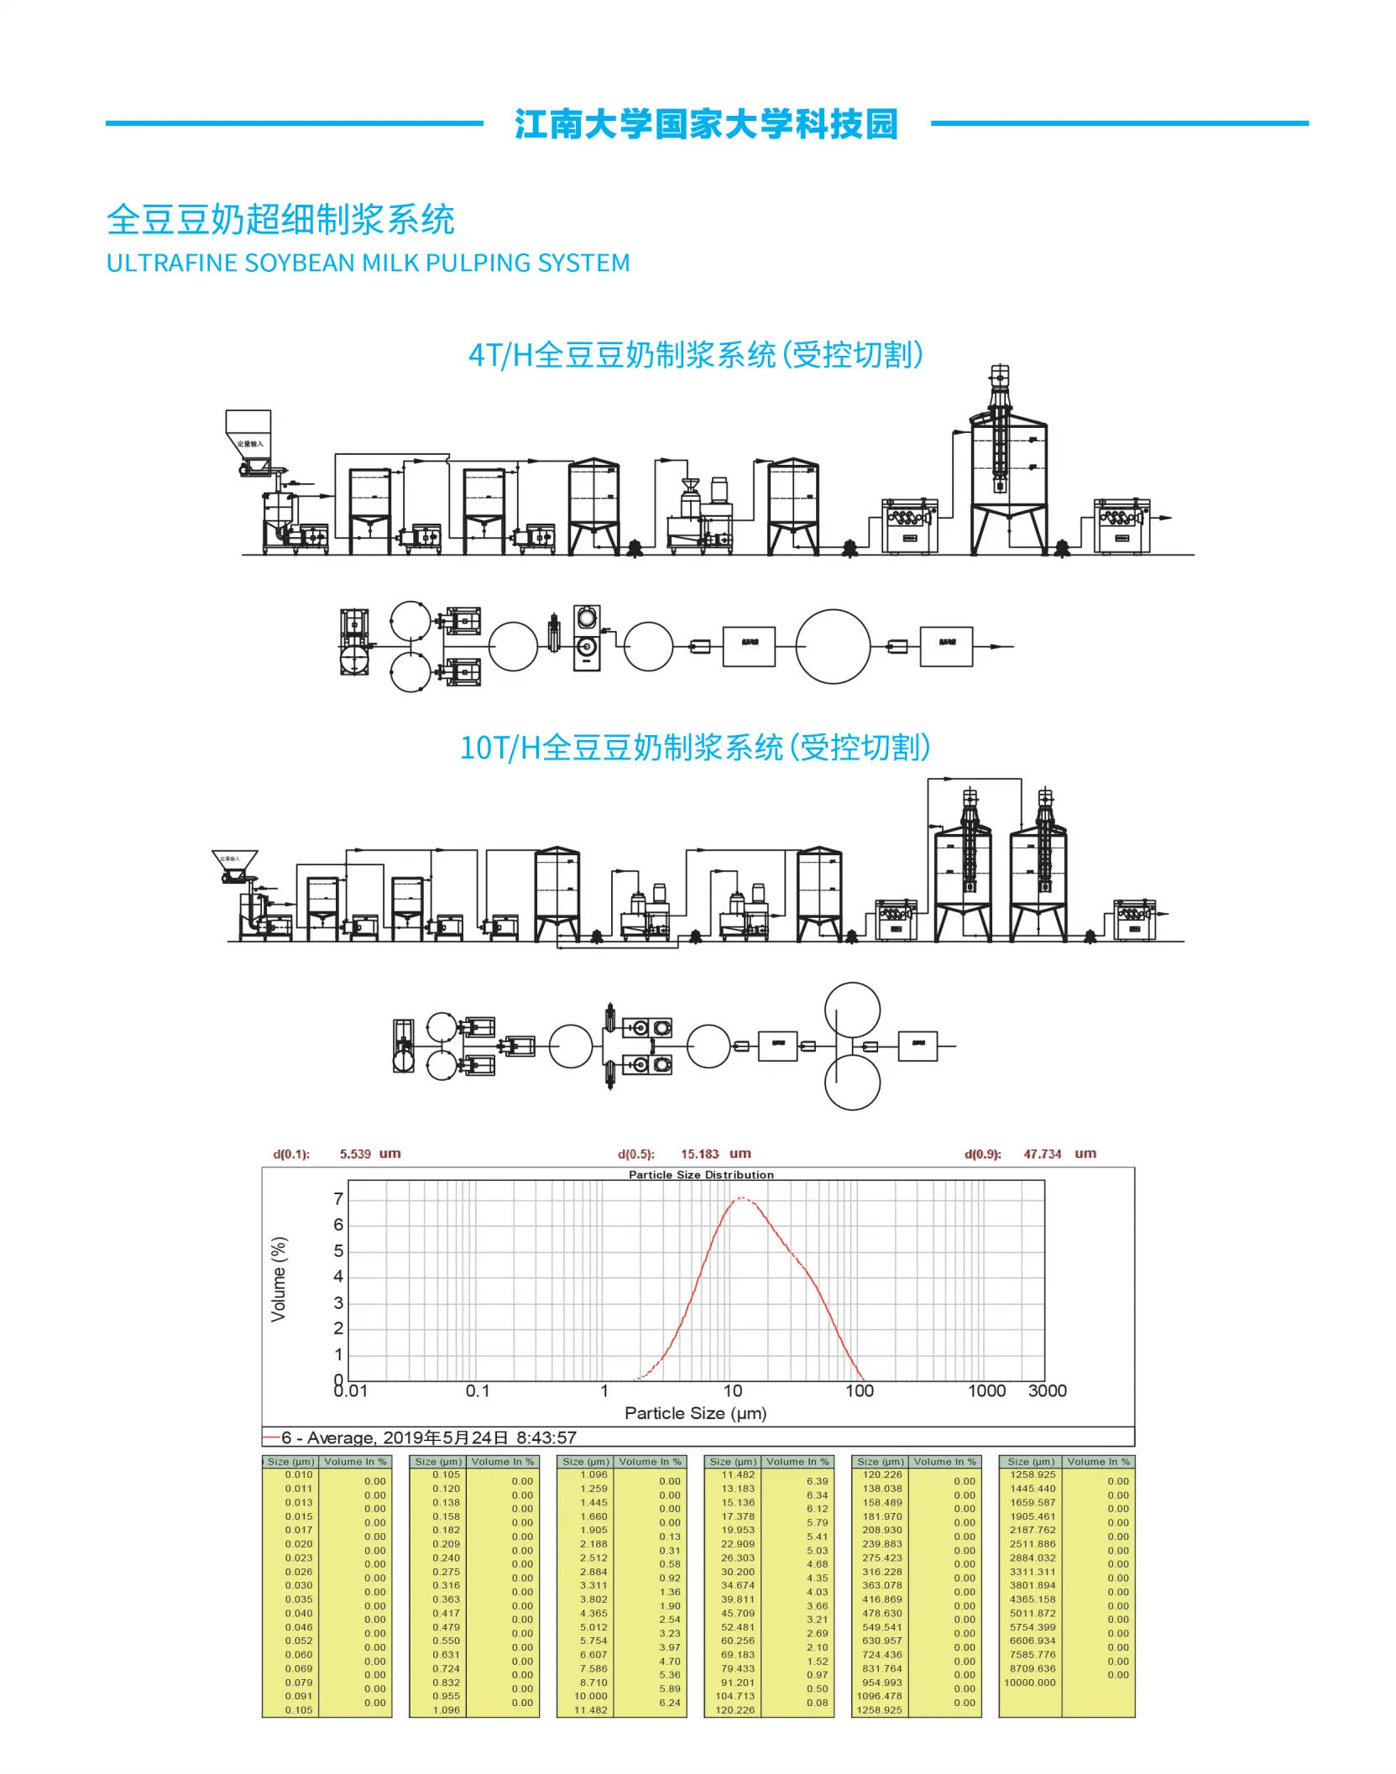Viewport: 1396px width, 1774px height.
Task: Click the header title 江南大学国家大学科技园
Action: (x=706, y=124)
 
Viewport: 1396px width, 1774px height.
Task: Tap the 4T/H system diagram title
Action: (x=695, y=355)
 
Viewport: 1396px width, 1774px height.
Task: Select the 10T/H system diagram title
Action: (x=695, y=748)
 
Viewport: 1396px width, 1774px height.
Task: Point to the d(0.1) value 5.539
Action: (x=355, y=1154)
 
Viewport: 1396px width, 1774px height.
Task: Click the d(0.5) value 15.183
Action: (x=699, y=1154)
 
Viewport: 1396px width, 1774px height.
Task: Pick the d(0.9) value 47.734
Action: (x=1042, y=1154)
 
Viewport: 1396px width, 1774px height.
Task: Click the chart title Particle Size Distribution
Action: (x=701, y=1175)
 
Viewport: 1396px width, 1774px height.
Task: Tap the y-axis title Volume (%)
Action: (x=279, y=1279)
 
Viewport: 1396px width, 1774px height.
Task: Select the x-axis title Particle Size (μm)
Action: (x=695, y=1413)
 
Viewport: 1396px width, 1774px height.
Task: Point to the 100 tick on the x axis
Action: (x=859, y=1391)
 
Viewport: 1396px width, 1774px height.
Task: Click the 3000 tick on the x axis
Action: (x=1047, y=1391)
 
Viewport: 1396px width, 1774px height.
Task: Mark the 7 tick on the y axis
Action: (x=338, y=1199)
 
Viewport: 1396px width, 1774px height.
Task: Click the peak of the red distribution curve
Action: (x=741, y=1198)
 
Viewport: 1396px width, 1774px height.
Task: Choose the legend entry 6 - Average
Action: (x=428, y=1437)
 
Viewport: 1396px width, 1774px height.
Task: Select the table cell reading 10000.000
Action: (x=1030, y=1683)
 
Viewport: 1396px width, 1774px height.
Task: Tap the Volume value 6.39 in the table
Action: (x=817, y=1481)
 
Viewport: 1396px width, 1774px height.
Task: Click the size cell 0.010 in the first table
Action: (x=299, y=1474)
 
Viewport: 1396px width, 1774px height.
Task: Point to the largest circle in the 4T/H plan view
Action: (x=833, y=646)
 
